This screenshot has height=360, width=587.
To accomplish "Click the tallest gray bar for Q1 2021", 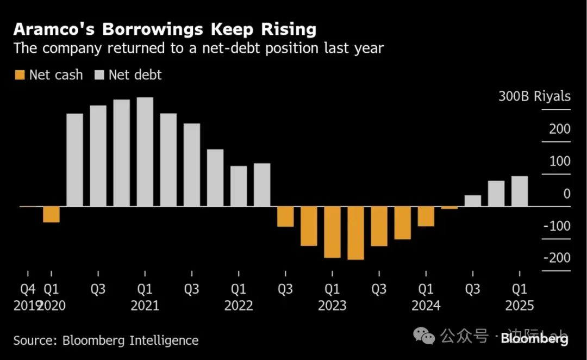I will click(145, 152).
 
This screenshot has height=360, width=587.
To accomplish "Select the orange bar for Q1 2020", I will click(52, 214).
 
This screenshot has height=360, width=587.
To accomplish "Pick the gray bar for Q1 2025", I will click(520, 191).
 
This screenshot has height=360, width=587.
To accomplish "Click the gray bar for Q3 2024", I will click(473, 201).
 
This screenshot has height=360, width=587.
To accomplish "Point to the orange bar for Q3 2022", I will click(285, 216).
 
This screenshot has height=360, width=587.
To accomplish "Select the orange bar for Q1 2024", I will click(426, 216).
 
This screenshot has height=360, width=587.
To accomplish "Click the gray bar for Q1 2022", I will click(238, 186).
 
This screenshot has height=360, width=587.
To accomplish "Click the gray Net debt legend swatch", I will click(99, 75).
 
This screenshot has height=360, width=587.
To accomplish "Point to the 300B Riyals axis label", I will click(535, 97).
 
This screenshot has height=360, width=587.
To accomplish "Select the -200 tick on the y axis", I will click(557, 258).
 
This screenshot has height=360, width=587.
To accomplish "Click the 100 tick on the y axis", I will click(560, 162).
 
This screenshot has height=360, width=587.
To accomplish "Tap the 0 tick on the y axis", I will click(567, 194).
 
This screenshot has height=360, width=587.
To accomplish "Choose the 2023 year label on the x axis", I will click(332, 306).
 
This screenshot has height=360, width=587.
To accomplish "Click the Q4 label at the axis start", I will click(28, 289).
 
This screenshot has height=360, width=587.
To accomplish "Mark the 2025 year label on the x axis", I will click(520, 306).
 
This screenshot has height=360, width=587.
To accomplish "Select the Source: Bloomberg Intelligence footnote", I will click(106, 340).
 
